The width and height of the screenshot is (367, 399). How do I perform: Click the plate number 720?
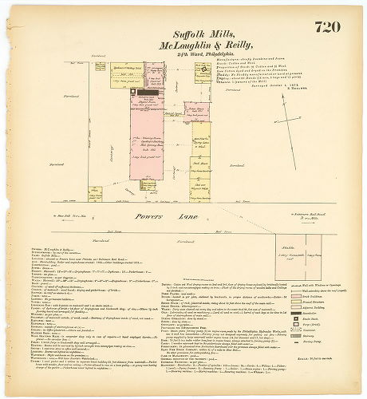[329, 28]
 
